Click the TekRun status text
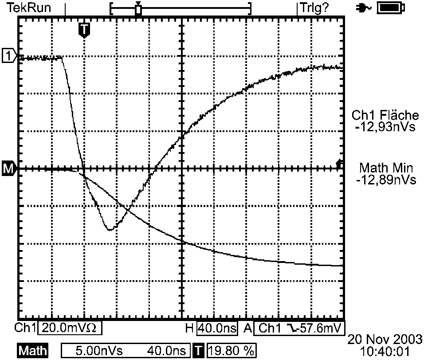pyautogui.click(x=29, y=8)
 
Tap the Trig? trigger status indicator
pyautogui.click(x=314, y=8)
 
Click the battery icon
pyautogui.click(x=391, y=8)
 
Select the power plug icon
pyautogui.click(x=364, y=9)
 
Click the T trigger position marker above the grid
pyautogui.click(x=84, y=29)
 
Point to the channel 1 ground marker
pyautogui.click(x=9, y=56)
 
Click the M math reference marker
pyautogui.click(x=9, y=169)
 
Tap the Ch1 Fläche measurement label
pyautogui.click(x=385, y=115)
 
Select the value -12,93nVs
pyautogui.click(x=385, y=126)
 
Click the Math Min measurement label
pyautogui.click(x=386, y=168)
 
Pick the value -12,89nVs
pyautogui.click(x=386, y=180)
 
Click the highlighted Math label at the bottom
pyautogui.click(x=33, y=351)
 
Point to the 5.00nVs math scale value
pyautogui.click(x=99, y=351)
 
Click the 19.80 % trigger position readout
pyautogui.click(x=231, y=351)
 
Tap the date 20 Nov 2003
pyautogui.click(x=385, y=339)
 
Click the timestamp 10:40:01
pyautogui.click(x=385, y=351)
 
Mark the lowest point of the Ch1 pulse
pyautogui.click(x=110, y=230)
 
